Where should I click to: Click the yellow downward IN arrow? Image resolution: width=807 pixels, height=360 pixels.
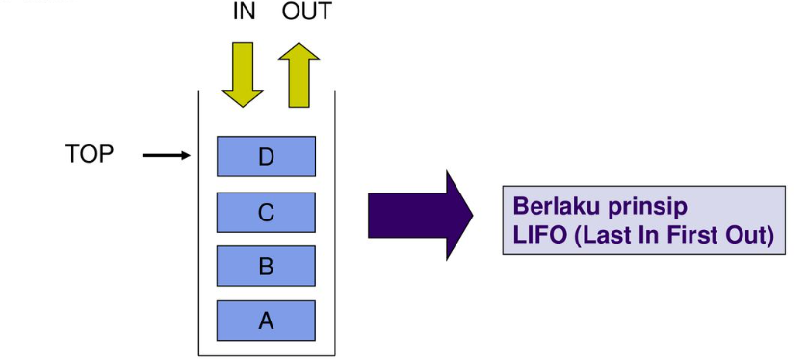click(x=243, y=73)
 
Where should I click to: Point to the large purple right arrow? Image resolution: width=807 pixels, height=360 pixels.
click(x=420, y=215)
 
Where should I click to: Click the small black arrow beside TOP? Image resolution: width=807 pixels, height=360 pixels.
click(x=167, y=154)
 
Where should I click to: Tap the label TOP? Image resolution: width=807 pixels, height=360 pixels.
click(x=90, y=154)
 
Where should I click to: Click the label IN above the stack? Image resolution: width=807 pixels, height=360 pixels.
click(x=244, y=13)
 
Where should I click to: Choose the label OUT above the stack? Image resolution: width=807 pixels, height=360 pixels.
click(x=306, y=13)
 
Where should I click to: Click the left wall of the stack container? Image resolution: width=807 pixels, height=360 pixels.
click(x=199, y=221)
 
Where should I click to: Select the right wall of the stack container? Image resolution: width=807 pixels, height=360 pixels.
click(x=334, y=221)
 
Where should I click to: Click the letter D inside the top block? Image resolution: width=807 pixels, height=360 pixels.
click(x=267, y=157)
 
